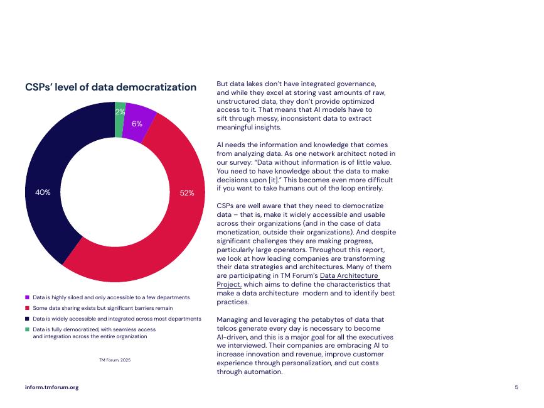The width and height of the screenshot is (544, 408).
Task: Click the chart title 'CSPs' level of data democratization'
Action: tap(110, 87)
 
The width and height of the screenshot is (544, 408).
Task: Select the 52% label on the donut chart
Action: tap(187, 193)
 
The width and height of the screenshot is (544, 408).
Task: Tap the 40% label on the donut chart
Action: tap(43, 192)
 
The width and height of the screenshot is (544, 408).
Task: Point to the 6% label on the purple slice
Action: tap(137, 123)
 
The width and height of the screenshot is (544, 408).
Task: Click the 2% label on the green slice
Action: tap(120, 112)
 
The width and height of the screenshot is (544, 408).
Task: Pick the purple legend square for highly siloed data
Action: tap(27, 297)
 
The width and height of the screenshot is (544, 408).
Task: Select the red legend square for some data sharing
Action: tap(27, 308)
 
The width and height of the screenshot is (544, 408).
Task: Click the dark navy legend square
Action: tap(27, 319)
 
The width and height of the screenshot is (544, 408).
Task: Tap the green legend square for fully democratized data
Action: tap(27, 329)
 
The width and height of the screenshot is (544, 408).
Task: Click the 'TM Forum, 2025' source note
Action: tap(115, 360)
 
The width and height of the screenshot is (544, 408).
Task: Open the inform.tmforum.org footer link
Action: tap(51, 387)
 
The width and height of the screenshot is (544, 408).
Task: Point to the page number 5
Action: tap(516, 387)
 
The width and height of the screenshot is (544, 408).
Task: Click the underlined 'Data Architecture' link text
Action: tap(349, 275)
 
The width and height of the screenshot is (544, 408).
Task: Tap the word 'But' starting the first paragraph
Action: tap(222, 83)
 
